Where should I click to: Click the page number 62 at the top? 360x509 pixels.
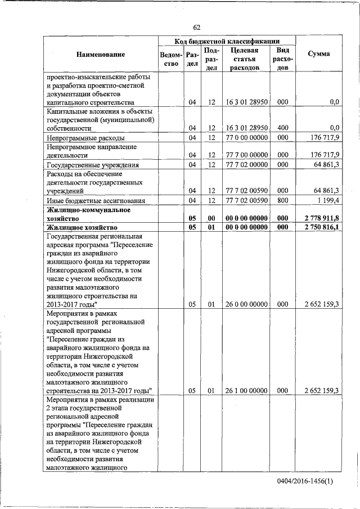pyautogui.click(x=197, y=28)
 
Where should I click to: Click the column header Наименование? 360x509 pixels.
pyautogui.click(x=101, y=54)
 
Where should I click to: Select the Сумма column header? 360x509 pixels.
pyautogui.click(x=319, y=54)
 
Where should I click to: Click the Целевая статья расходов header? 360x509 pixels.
pyautogui.click(x=244, y=59)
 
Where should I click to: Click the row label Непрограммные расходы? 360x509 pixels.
pyautogui.click(x=86, y=138)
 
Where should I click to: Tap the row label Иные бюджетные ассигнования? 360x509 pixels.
pyautogui.click(x=97, y=200)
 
